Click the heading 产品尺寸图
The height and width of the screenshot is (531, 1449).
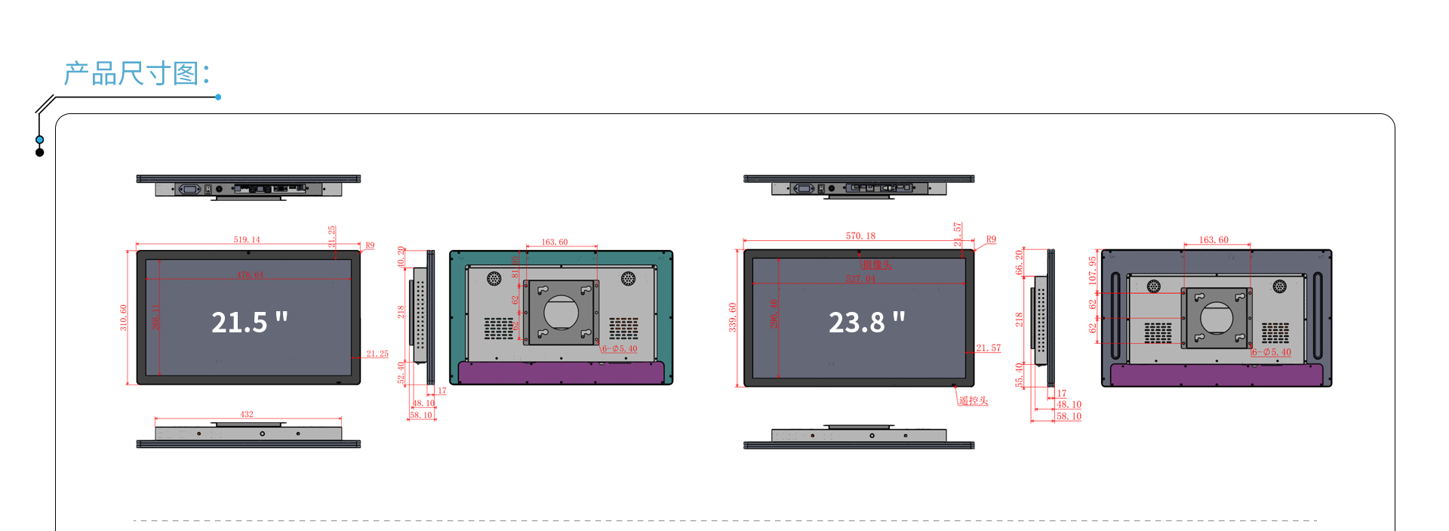(x=136, y=74)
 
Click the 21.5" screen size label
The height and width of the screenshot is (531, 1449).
(x=249, y=323)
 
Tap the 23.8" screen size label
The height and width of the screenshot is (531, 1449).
(x=866, y=323)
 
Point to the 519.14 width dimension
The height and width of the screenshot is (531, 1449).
(x=247, y=239)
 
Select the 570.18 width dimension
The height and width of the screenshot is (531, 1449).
(x=860, y=236)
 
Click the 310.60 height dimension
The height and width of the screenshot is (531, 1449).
(x=124, y=317)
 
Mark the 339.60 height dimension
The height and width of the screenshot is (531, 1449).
(x=732, y=317)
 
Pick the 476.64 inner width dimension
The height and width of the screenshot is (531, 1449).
(x=250, y=275)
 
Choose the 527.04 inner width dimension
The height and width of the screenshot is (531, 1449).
(x=860, y=279)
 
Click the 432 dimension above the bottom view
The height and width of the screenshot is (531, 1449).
(x=247, y=414)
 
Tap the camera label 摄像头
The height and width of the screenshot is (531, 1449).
(x=877, y=264)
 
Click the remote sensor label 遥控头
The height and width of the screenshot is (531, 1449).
(x=974, y=401)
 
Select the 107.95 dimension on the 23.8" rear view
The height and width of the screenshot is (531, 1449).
(x=1092, y=270)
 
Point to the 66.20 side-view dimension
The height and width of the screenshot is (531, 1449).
(x=1020, y=261)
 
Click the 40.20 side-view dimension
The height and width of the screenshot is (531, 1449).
(x=401, y=257)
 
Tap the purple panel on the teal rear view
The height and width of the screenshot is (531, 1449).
(x=561, y=372)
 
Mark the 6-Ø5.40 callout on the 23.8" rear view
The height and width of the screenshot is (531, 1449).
(x=1272, y=352)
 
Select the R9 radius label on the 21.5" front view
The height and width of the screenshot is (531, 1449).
(x=370, y=245)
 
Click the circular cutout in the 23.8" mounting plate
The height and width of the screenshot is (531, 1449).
(x=1217, y=317)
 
